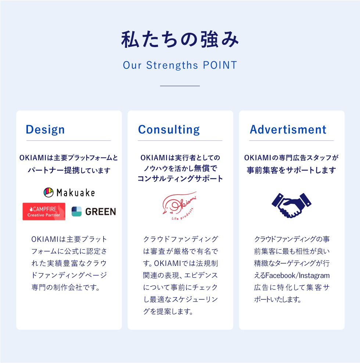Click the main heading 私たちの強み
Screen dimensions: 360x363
(180, 39)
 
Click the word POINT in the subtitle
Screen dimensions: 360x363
(220, 65)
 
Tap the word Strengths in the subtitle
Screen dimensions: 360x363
(172, 65)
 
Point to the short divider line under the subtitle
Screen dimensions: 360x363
(180, 86)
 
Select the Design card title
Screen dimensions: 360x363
(45, 129)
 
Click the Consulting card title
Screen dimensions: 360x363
(169, 129)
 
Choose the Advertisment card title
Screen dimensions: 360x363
(288, 129)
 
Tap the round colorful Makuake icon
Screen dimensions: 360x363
(48, 192)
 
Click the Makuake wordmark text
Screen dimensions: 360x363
(76, 193)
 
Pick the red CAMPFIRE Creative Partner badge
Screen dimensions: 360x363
(44, 211)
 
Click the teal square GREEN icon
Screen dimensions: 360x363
(76, 211)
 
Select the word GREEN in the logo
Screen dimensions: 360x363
(101, 211)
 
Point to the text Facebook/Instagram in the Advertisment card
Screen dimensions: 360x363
(298, 275)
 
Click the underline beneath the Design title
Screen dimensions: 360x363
(69, 140)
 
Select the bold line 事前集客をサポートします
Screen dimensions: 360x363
(291, 170)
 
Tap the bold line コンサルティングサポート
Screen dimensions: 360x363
(180, 178)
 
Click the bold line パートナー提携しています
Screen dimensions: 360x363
(69, 170)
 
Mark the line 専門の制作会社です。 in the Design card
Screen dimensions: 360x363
(66, 288)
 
